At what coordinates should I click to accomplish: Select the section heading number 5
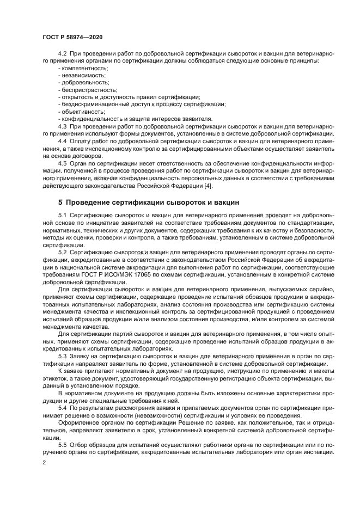tap(61, 202)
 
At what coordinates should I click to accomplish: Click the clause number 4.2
tap(62, 54)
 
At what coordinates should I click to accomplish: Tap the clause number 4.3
tap(62, 125)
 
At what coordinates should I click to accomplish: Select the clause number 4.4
tap(62, 141)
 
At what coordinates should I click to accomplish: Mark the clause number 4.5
tap(62, 163)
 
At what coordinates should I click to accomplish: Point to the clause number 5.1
tap(62, 216)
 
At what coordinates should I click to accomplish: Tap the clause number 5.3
tap(62, 355)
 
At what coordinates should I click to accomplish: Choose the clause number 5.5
tap(62, 444)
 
